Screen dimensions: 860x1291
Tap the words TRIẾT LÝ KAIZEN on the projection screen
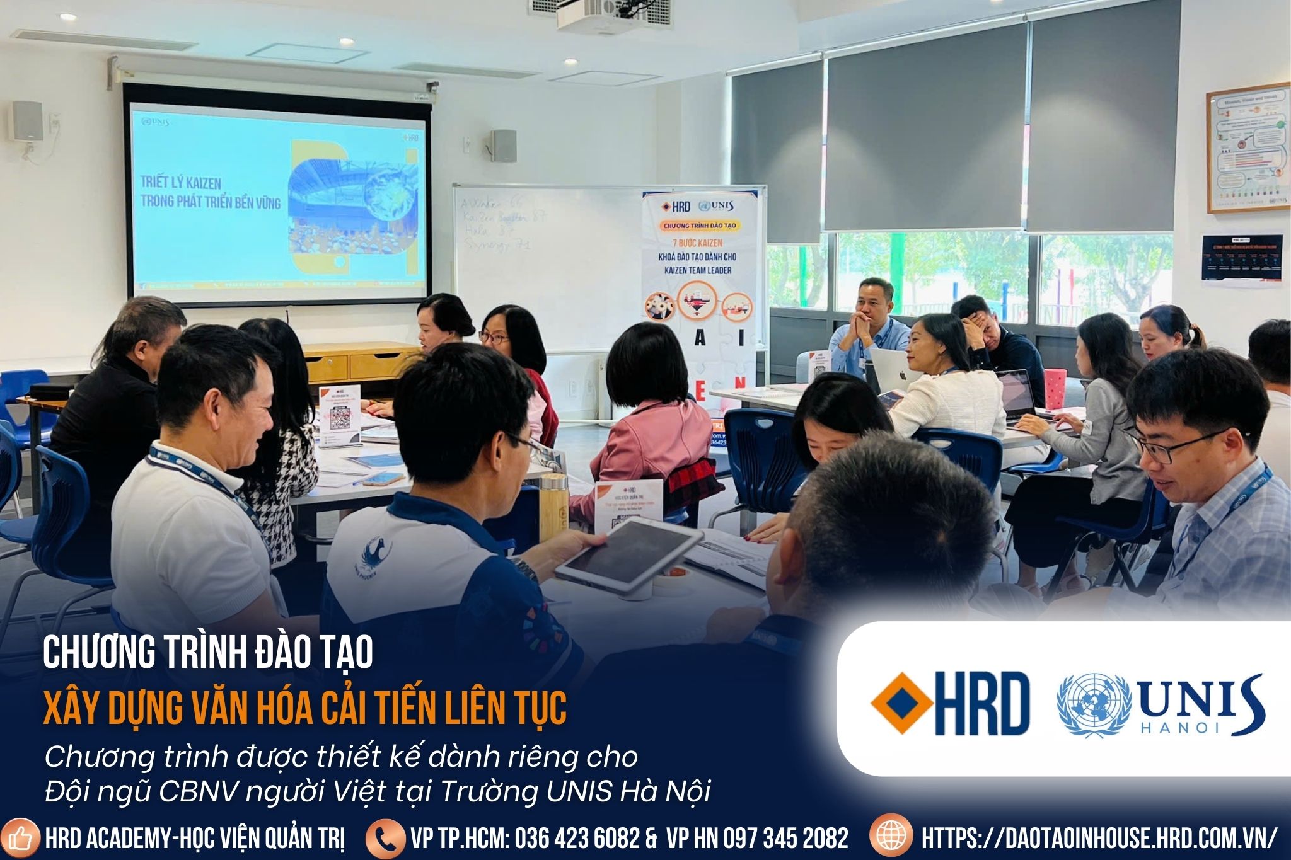coord(180,183)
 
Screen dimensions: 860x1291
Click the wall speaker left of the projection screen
coord(28,121)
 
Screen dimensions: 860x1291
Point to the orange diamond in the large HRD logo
coord(902,703)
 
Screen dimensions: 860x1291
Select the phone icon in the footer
coord(385,837)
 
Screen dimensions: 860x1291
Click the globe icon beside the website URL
coord(891,836)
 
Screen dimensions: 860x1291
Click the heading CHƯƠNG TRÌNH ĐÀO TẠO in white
coord(208,653)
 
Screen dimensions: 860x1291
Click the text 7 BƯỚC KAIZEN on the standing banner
coord(697,243)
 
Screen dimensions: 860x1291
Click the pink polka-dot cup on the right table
coord(1055,388)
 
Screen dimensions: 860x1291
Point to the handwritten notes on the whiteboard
coord(502,224)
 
